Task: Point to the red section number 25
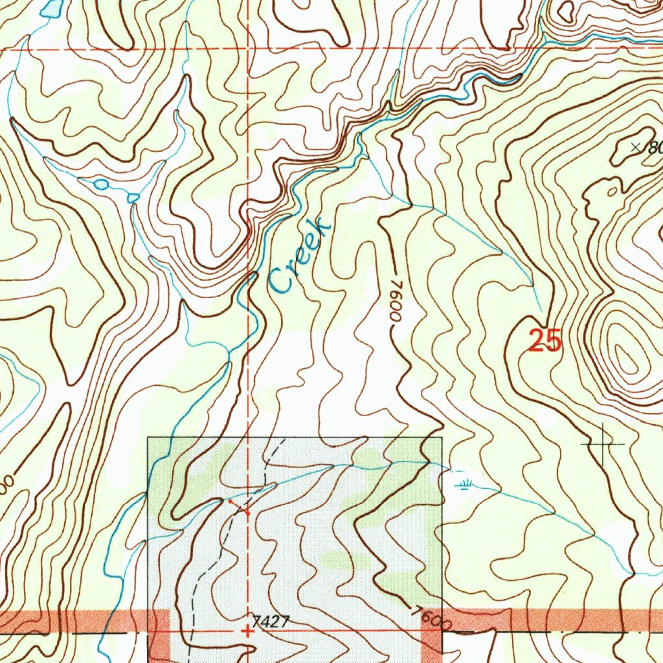(x=545, y=341)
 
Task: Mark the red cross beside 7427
(x=247, y=630)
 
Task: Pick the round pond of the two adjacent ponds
(x=101, y=185)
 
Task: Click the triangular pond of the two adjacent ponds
(x=133, y=197)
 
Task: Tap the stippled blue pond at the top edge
(x=51, y=8)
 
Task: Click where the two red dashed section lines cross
(x=248, y=49)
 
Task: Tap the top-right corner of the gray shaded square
(x=442, y=438)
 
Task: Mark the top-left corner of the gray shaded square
(x=148, y=438)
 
